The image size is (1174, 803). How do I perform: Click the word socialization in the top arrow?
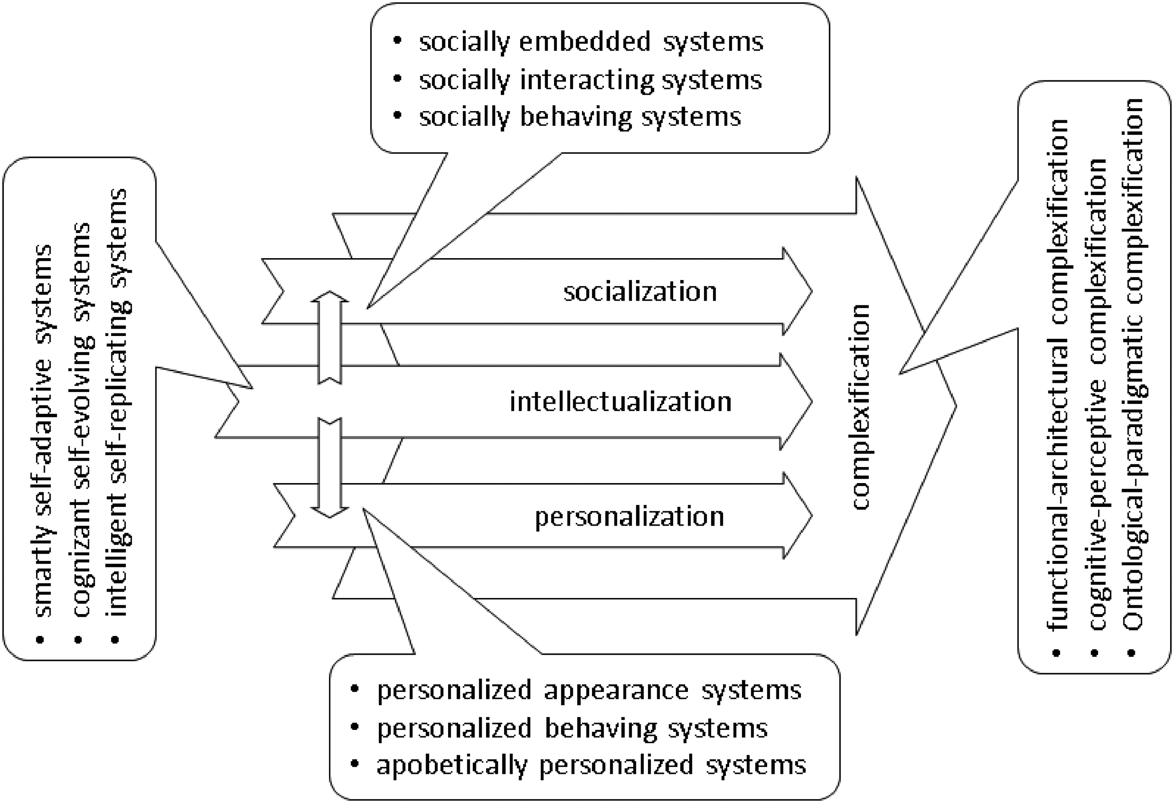point(640,292)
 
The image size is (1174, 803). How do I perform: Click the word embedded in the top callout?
point(585,41)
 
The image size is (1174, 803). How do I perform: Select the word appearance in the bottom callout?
point(616,690)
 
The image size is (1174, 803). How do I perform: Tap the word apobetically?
point(452,765)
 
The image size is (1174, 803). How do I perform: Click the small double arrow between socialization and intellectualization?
point(330,338)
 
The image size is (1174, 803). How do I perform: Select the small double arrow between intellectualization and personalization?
point(330,467)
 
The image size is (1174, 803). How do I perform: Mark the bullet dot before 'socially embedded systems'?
point(398,41)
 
